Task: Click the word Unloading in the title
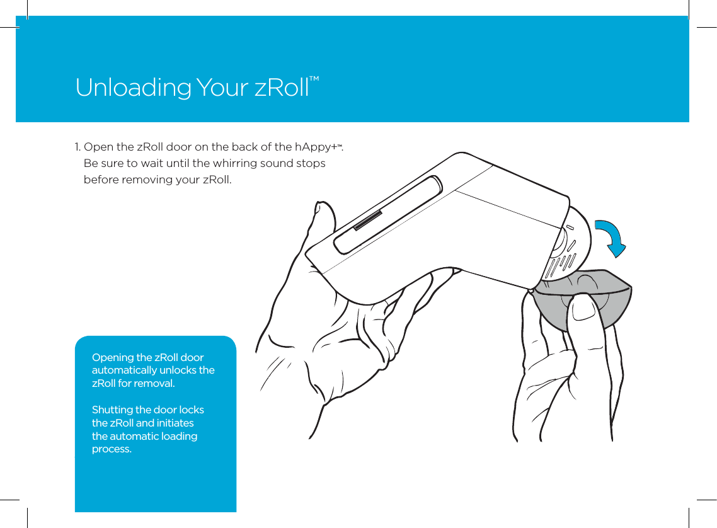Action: click(x=132, y=88)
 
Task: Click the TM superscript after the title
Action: click(x=314, y=79)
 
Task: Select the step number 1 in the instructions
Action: click(x=77, y=147)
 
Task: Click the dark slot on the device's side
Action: click(x=368, y=221)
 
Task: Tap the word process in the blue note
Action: click(x=111, y=450)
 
